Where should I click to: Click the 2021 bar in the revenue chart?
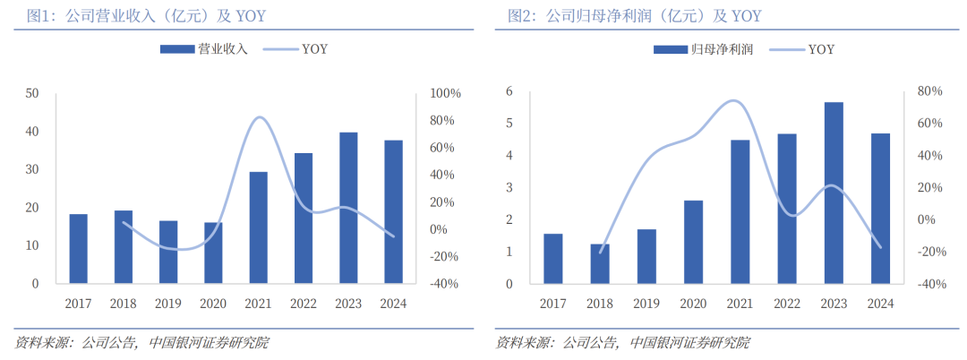pos(258,227)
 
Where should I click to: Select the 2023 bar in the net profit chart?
pos(834,193)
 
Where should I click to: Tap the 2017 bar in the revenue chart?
pos(79,249)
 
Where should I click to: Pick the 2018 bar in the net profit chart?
pos(601,263)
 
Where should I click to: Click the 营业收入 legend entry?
pos(203,49)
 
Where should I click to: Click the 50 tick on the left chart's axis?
pos(33,93)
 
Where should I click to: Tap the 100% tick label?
pos(445,93)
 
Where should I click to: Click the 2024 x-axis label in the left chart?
pos(393,304)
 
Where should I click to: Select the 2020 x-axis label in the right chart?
pos(694,304)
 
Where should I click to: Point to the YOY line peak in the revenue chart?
pos(259,117)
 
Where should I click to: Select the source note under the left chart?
pos(142,342)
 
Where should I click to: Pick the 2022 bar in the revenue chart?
pos(304,218)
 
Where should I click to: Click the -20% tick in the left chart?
pos(445,257)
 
